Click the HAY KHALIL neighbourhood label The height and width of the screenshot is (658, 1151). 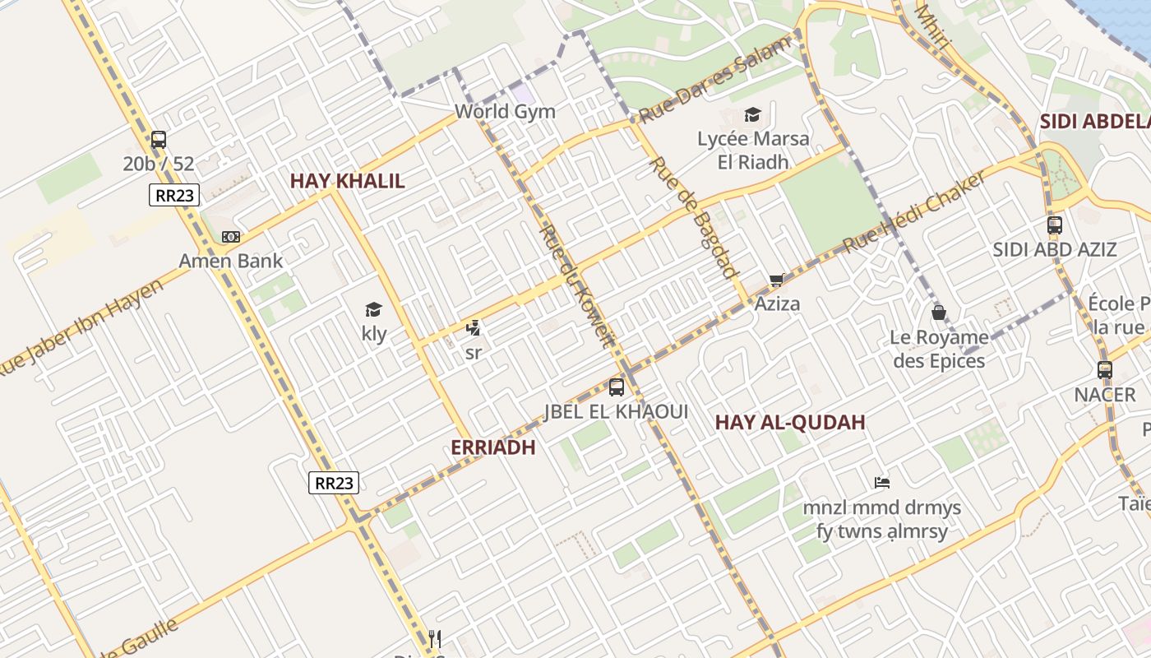click(x=347, y=181)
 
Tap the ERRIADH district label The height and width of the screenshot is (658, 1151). click(x=493, y=447)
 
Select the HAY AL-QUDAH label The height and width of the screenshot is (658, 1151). click(x=790, y=423)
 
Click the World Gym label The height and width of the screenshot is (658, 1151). click(x=505, y=112)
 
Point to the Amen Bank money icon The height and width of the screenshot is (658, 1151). click(x=231, y=237)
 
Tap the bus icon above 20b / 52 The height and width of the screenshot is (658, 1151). click(x=159, y=140)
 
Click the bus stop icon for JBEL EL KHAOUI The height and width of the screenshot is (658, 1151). click(x=617, y=387)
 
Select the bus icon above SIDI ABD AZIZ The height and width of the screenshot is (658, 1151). click(x=1055, y=225)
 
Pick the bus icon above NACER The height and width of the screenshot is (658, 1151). click(x=1105, y=370)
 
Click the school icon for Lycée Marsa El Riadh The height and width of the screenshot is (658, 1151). click(x=752, y=114)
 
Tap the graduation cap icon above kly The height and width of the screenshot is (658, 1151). click(x=374, y=310)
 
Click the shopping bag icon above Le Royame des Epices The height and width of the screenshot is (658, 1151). click(x=938, y=313)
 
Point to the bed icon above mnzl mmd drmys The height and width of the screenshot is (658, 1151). click(x=882, y=483)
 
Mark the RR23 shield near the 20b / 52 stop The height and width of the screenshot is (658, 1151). click(x=172, y=195)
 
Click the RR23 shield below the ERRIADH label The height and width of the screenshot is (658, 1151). click(x=334, y=483)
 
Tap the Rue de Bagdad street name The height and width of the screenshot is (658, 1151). click(x=694, y=217)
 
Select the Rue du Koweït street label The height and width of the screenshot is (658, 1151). click(x=575, y=286)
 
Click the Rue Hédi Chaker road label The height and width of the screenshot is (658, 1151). click(x=914, y=212)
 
